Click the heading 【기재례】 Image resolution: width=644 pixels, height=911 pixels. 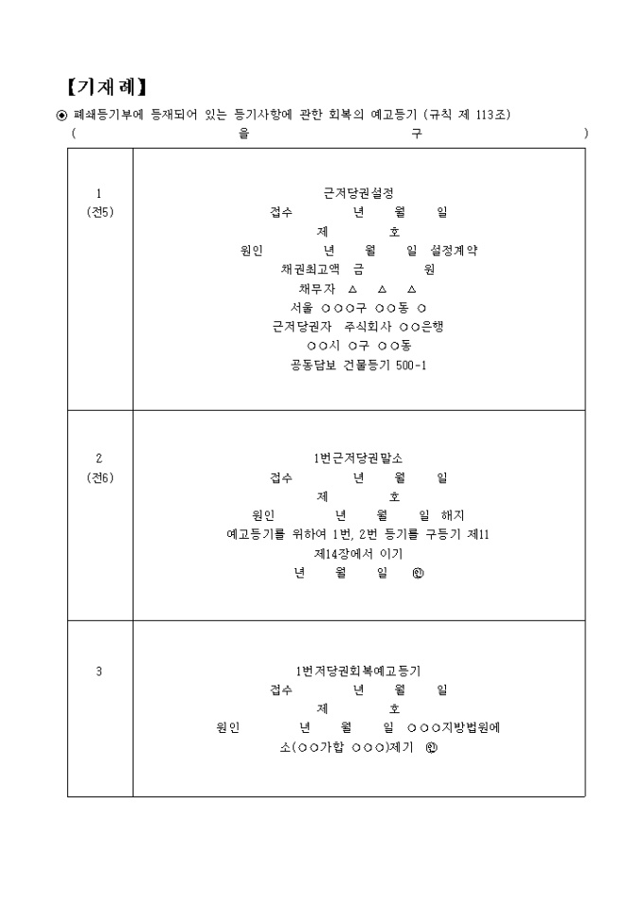[x=106, y=87]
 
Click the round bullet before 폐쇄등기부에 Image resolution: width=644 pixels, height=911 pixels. [x=62, y=115]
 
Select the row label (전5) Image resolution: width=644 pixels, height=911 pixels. [x=99, y=212]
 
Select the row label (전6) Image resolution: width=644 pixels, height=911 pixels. [x=99, y=477]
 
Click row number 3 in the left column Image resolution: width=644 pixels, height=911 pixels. [x=98, y=671]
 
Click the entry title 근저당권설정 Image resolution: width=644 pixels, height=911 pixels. [x=359, y=193]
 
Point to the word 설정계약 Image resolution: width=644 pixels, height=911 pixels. [x=454, y=250]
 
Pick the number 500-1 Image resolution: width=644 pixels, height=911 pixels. [x=410, y=366]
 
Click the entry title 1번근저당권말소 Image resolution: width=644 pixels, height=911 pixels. [x=358, y=458]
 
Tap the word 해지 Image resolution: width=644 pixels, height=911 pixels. [x=453, y=515]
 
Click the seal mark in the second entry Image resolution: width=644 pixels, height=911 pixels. [x=418, y=573]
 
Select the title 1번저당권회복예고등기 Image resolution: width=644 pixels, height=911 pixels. [x=358, y=671]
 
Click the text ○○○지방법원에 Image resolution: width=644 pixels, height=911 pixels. [x=454, y=727]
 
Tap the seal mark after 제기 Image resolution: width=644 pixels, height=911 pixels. [x=431, y=748]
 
